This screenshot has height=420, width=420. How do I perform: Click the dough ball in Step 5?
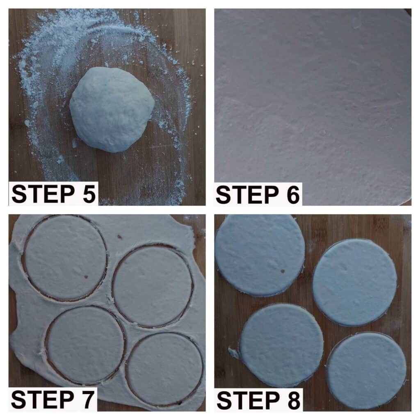coord(112,109)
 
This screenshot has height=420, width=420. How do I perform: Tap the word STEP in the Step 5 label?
coord(43,194)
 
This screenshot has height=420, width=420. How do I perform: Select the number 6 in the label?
coord(292,195)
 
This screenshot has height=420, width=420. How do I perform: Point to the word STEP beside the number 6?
coord(247,195)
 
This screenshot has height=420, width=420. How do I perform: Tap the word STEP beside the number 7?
coord(43,399)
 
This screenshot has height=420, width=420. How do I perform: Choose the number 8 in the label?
coord(293,400)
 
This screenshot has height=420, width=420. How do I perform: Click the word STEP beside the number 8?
coord(248,400)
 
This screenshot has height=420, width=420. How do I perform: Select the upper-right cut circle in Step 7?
coord(153,285)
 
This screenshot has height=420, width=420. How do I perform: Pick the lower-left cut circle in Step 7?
coord(85,345)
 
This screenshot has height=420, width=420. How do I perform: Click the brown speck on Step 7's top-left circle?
coord(86,277)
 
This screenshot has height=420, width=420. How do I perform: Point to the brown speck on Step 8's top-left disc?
coord(282,272)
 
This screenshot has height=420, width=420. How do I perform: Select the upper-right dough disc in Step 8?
coord(355,283)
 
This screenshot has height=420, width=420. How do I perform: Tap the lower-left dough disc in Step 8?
coord(281,345)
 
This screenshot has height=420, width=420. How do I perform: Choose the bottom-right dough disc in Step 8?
coord(366,371)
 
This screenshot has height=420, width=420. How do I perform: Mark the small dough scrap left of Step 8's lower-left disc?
coord(233,353)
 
